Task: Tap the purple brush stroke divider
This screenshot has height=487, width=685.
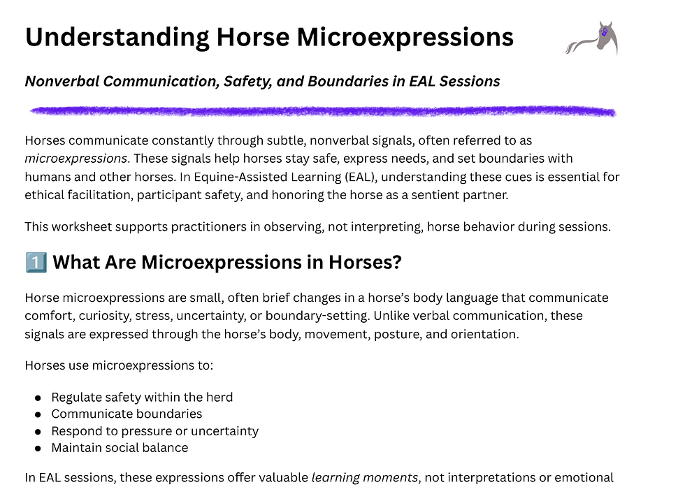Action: click(x=322, y=111)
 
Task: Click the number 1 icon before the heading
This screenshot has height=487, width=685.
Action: click(x=36, y=263)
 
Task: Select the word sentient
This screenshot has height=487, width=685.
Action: click(x=421, y=195)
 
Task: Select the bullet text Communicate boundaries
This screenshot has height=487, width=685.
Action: click(x=127, y=414)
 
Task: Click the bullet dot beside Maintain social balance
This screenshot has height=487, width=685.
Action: click(x=38, y=448)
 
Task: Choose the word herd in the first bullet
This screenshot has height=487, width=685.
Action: click(x=219, y=397)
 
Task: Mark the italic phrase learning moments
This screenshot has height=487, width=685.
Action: click(x=364, y=478)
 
